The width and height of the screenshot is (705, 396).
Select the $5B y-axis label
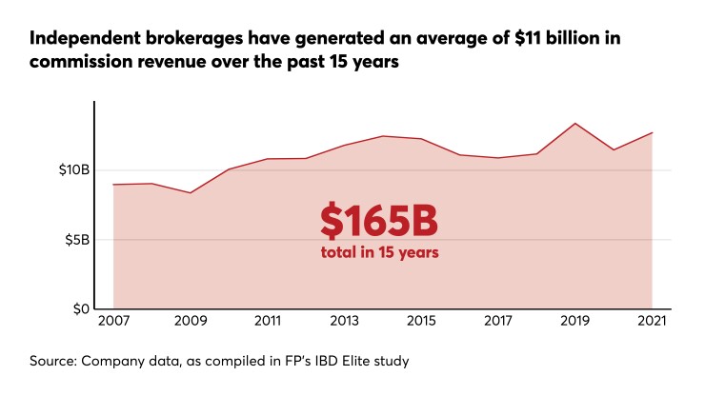coord(75,240)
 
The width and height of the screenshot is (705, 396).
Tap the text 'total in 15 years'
coord(378,253)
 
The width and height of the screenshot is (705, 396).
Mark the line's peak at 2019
coord(575,124)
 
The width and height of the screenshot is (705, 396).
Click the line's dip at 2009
coord(191,193)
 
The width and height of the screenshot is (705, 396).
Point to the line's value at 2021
coord(652,132)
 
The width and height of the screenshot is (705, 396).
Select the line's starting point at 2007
coord(113,185)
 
